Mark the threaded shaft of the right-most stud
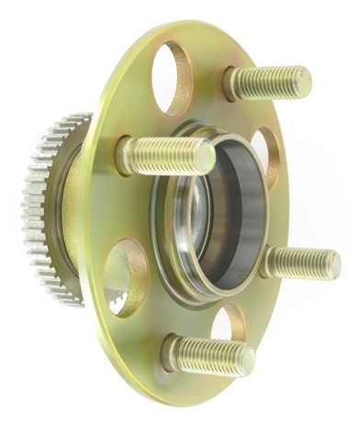pyautogui.click(x=298, y=263)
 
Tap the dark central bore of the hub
pyautogui.click(x=225, y=216)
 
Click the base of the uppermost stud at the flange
pyautogui.click(x=232, y=84)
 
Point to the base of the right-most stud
pyautogui.click(x=269, y=261)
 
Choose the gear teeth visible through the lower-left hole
pyautogui.click(x=118, y=298)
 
